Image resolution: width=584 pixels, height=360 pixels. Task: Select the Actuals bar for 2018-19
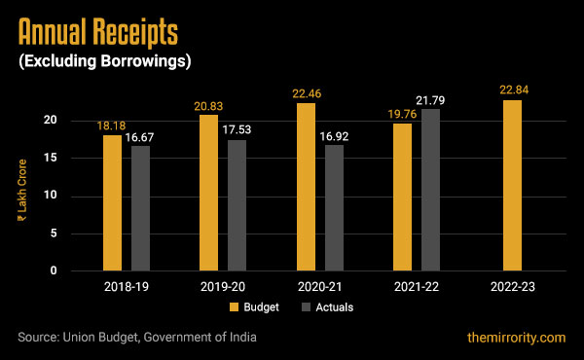coord(141,208)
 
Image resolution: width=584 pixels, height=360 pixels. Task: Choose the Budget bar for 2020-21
coord(306,187)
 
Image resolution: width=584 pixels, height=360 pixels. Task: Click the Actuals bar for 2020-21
coord(334,207)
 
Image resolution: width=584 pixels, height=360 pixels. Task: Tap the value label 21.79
coord(431,100)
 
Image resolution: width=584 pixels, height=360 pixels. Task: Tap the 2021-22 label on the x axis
coord(416,288)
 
